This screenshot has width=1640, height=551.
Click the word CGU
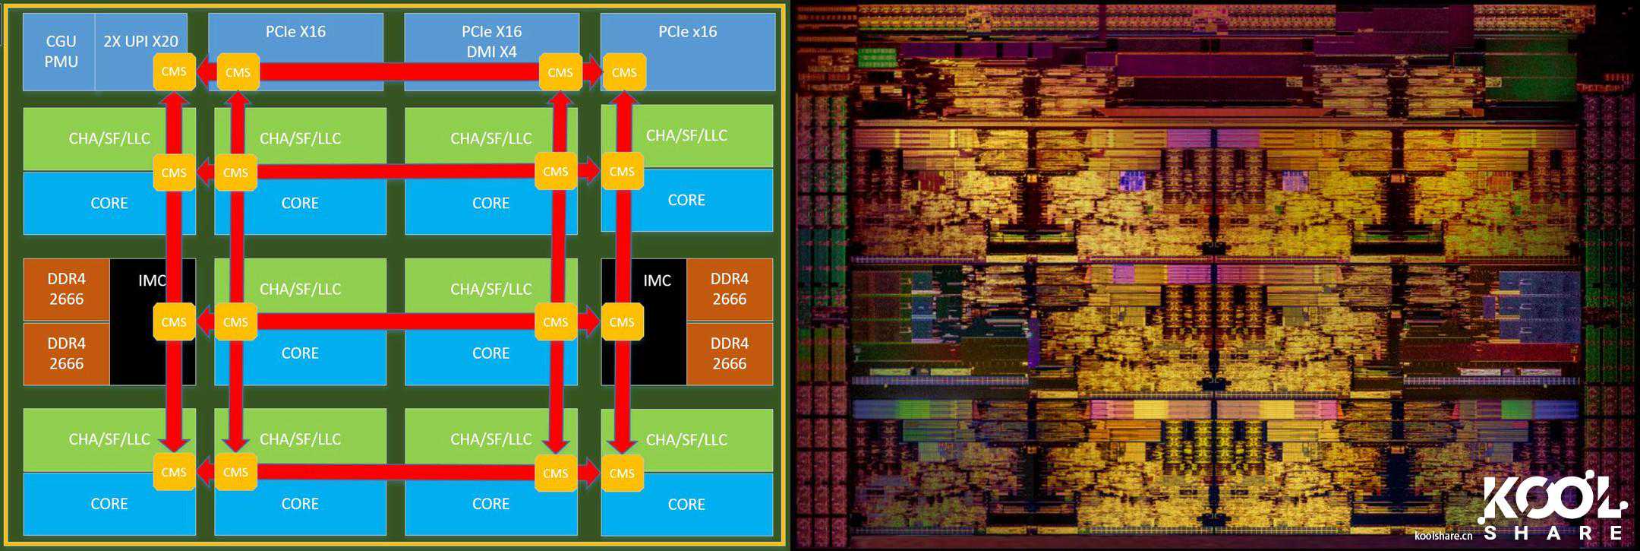click(x=61, y=41)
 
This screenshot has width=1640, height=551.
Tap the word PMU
click(x=61, y=62)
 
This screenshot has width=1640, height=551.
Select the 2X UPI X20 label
click(x=140, y=41)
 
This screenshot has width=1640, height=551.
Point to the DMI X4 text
click(x=491, y=52)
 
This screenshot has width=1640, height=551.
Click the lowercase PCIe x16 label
click(x=687, y=32)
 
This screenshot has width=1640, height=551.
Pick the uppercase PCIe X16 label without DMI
click(x=295, y=32)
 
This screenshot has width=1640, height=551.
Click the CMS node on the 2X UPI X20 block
click(x=174, y=71)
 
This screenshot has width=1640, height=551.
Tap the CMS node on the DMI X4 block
click(x=560, y=72)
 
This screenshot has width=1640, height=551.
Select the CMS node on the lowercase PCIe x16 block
click(x=624, y=72)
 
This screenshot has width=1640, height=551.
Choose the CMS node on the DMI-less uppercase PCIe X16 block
click(x=238, y=72)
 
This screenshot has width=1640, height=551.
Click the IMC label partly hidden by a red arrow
click(x=151, y=280)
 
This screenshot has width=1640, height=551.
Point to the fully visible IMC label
click(x=657, y=280)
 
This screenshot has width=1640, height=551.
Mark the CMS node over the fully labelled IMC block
click(x=622, y=322)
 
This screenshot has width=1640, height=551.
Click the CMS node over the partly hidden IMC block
click(x=174, y=322)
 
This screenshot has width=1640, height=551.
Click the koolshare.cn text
click(x=1443, y=536)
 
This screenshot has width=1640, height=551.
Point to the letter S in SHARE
click(x=1490, y=533)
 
